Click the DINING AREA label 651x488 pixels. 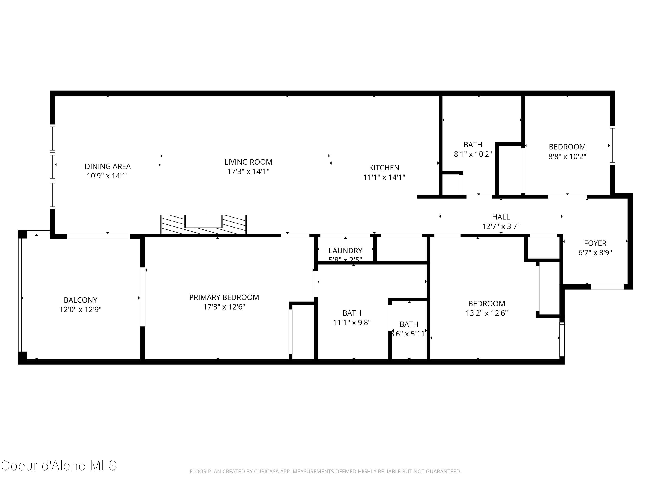click(x=108, y=167)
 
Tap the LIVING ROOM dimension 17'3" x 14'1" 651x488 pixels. click(x=248, y=172)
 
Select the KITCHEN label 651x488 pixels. click(x=384, y=168)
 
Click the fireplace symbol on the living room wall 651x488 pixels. click(x=203, y=224)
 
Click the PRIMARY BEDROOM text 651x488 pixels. click(x=224, y=297)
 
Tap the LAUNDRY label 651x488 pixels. click(x=345, y=251)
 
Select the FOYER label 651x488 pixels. click(x=595, y=243)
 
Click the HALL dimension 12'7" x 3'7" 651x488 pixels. click(x=501, y=226)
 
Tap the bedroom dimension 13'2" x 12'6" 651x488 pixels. click(x=487, y=313)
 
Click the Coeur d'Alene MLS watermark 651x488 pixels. click(x=59, y=466)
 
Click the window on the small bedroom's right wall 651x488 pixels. click(x=612, y=145)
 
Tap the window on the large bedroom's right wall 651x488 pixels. click(x=562, y=339)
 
